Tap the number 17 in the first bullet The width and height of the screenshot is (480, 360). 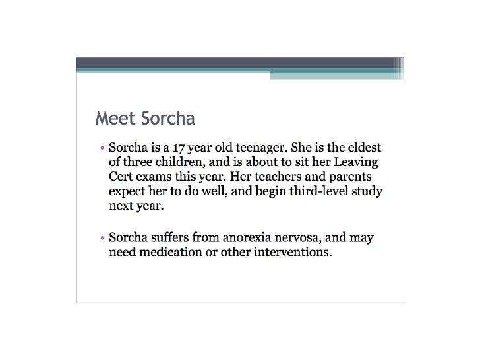(x=173, y=147)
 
